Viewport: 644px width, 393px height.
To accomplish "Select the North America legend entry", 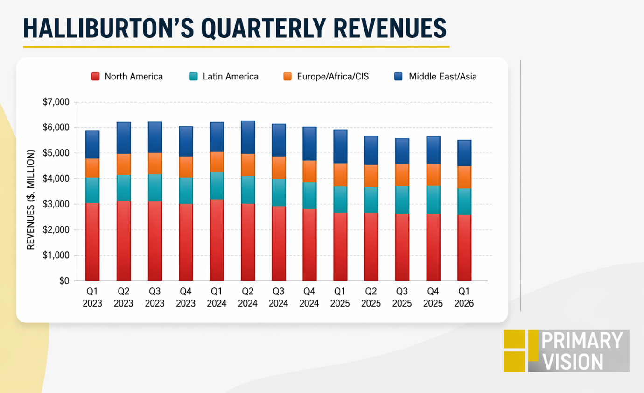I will [x=127, y=77].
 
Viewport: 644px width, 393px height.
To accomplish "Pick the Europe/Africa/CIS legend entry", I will [x=326, y=77].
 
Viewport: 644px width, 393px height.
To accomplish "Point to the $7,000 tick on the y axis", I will [x=56, y=102].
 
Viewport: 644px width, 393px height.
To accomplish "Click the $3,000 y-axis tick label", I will [x=56, y=204].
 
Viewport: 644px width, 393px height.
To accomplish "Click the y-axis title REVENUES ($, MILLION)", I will [x=31, y=200].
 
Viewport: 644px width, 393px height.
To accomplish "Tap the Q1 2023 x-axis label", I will [x=92, y=297].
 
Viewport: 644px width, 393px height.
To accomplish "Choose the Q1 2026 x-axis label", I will [x=464, y=297].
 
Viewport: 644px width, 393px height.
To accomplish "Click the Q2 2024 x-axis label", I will [x=247, y=297].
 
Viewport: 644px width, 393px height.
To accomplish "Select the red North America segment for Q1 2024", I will [x=217, y=240].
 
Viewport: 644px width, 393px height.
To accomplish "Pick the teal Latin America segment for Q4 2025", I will [x=433, y=200].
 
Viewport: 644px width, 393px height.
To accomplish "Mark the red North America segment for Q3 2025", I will [x=402, y=247].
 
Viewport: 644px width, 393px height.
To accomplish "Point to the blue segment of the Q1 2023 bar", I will [x=92, y=144].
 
